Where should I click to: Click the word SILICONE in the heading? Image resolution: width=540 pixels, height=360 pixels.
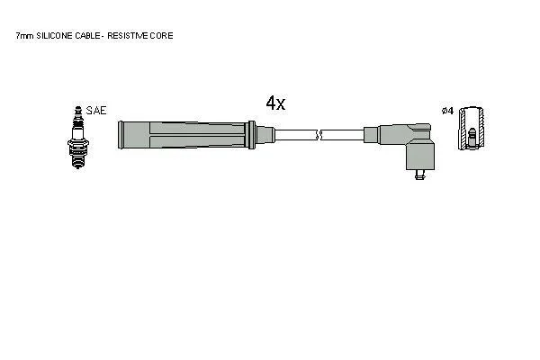(x=55, y=35)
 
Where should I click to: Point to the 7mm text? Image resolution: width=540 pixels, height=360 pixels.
(x=25, y=35)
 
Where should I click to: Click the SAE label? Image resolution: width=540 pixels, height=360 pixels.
(x=96, y=111)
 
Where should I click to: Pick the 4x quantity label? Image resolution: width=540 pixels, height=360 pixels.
(x=275, y=103)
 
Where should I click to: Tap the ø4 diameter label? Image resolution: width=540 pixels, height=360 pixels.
(x=447, y=111)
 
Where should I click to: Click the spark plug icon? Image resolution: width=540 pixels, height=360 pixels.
(x=78, y=138)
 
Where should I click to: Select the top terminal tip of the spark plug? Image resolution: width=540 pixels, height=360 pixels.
(x=78, y=109)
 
